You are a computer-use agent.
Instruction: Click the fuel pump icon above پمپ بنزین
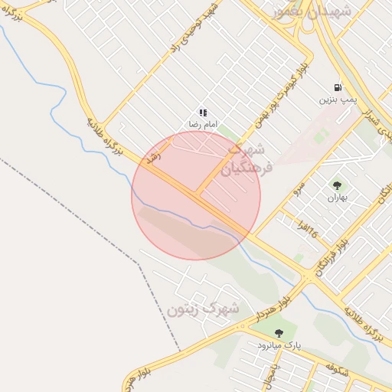tap(338, 88)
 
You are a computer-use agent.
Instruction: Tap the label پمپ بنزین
tap(338, 100)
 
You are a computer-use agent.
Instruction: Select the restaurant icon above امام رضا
tap(203, 113)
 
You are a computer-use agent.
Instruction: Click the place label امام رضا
tap(204, 124)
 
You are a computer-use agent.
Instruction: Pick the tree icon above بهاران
tap(337, 185)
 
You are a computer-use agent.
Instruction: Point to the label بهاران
tap(337, 198)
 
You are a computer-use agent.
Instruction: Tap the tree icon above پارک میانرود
tap(278, 333)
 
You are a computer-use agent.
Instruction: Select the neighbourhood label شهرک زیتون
tap(203, 310)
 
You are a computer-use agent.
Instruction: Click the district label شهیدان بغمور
tap(312, 11)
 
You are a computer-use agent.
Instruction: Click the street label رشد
tap(153, 159)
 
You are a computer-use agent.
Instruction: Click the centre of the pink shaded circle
tap(196, 195)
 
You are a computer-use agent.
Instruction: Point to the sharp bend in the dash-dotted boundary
tap(139, 263)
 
